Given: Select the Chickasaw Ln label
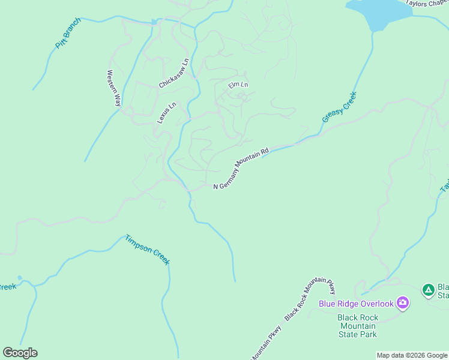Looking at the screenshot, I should (174, 73).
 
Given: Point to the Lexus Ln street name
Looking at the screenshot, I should (167, 113).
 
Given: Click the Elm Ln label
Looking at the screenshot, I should (238, 85).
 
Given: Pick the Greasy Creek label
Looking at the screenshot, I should (339, 107).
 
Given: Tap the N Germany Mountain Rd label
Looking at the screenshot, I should (241, 168).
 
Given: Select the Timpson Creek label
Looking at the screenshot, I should (148, 250).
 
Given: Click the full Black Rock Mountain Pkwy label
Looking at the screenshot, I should (310, 298).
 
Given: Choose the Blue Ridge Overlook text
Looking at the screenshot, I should (356, 304).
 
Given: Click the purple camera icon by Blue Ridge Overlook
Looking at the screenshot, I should (403, 303).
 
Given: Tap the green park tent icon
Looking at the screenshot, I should (428, 290).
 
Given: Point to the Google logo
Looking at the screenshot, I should (20, 353).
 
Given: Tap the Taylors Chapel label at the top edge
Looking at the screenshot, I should (427, 3).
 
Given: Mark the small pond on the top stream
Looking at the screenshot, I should (154, 22).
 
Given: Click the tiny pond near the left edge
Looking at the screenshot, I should (19, 278).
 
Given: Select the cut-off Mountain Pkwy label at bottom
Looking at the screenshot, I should (263, 349).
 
